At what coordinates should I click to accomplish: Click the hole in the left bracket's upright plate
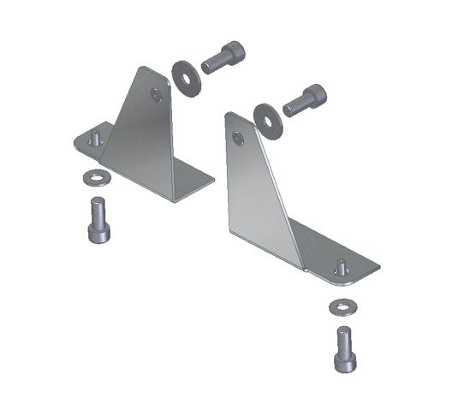(x=155, y=95)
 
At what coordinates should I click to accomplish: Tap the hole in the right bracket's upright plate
(x=237, y=136)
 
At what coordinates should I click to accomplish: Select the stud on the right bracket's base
(x=341, y=266)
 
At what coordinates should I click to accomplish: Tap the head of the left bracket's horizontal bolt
(x=233, y=52)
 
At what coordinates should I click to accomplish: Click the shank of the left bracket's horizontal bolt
(x=212, y=62)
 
